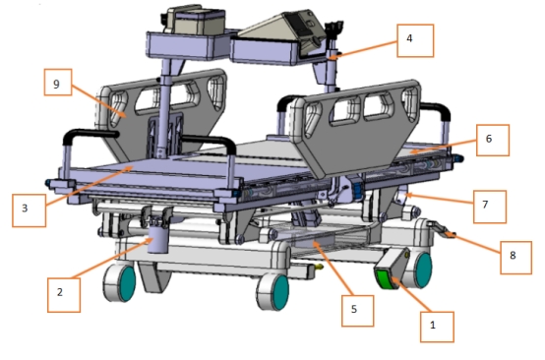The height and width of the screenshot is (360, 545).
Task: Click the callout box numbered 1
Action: click(x=437, y=327)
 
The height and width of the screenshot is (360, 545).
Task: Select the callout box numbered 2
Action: click(x=64, y=295)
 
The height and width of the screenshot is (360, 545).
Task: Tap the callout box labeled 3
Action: click(x=29, y=210)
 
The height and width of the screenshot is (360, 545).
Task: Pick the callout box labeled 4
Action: click(x=415, y=40)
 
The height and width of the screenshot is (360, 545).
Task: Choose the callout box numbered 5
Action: click(x=358, y=311)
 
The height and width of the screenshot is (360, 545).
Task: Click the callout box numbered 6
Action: click(x=493, y=140)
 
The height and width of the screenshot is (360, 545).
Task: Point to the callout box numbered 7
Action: click(x=489, y=207)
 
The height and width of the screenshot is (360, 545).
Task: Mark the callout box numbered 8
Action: click(x=515, y=258)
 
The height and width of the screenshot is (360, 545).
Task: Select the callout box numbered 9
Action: click(x=58, y=82)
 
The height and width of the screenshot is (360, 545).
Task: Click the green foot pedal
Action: click(x=385, y=279)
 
